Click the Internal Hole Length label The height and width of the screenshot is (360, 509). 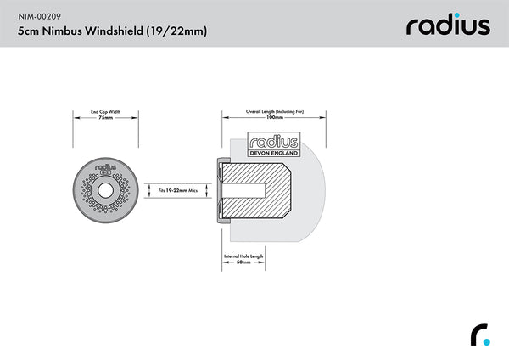pyautogui.click(x=243, y=256)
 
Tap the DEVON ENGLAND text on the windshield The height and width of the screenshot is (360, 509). pyautogui.click(x=272, y=153)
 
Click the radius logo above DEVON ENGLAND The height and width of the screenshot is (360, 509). pyautogui.click(x=272, y=141)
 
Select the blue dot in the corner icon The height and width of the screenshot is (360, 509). pyautogui.click(x=487, y=341)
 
